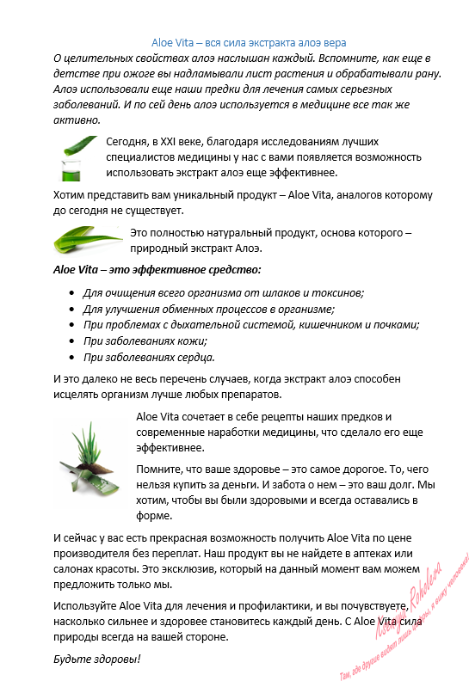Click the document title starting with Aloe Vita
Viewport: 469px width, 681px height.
(x=249, y=41)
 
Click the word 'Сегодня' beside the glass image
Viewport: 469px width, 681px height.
(x=127, y=142)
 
